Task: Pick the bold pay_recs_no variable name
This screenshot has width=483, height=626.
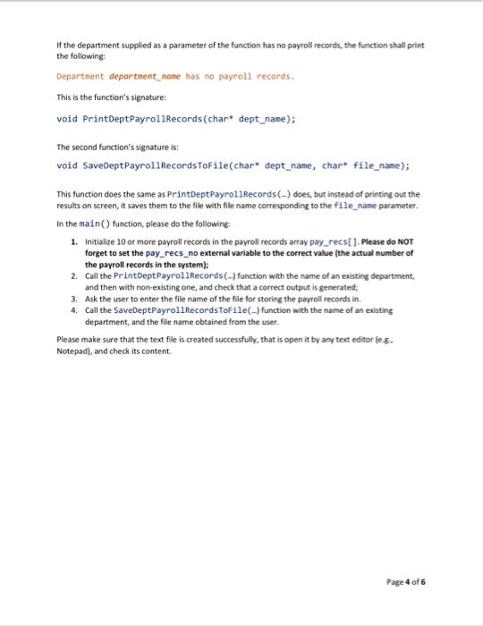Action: point(172,253)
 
